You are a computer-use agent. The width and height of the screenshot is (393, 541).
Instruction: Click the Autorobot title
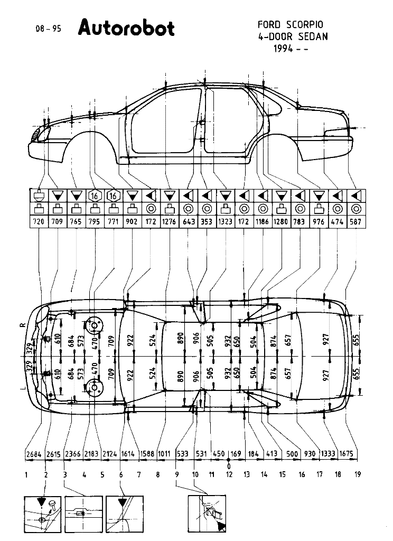126,28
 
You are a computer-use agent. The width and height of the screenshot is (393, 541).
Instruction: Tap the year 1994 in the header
284,49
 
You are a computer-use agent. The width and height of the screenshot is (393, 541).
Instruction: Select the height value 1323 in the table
225,222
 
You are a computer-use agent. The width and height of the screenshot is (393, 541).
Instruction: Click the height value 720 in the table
39,222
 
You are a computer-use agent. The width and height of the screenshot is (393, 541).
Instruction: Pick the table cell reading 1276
169,222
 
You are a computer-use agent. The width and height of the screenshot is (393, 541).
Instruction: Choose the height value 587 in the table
355,222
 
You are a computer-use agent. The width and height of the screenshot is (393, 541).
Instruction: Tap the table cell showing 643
188,222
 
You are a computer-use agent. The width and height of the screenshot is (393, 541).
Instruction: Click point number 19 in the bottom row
358,474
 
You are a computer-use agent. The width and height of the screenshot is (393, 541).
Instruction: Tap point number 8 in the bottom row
157,474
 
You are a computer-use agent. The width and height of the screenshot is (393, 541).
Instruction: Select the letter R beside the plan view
22,327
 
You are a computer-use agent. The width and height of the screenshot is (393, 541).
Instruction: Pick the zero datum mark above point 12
229,466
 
